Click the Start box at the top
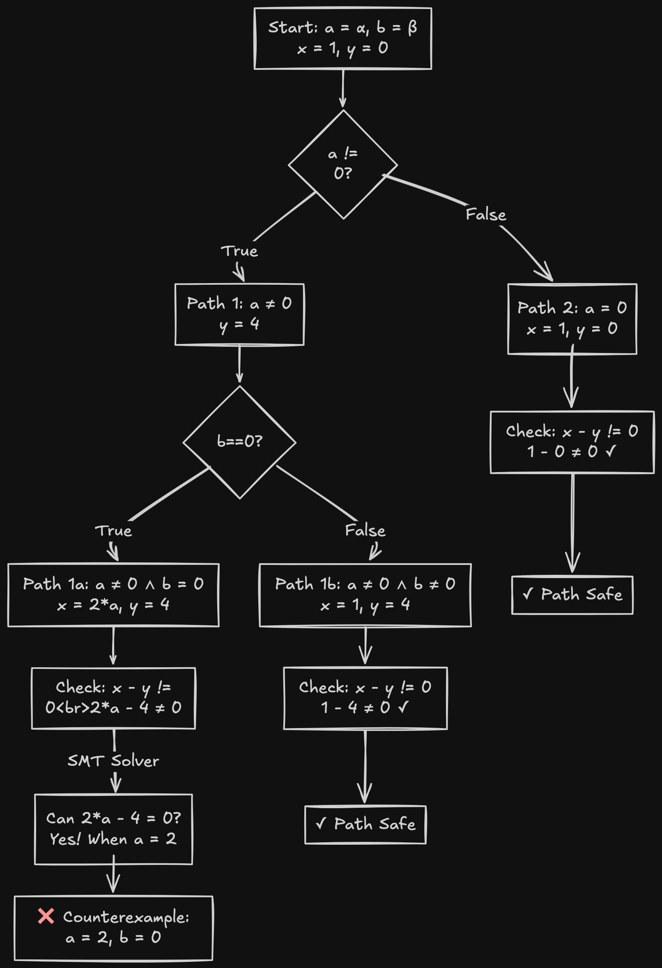coord(342,38)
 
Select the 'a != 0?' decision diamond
coord(342,164)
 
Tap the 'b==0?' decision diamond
coord(239,442)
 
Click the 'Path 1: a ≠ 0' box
coord(239,314)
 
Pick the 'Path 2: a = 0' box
coord(572,319)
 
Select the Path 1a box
coord(113,595)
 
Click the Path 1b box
coord(365,595)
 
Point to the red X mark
coord(46,916)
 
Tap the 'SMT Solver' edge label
coord(113,761)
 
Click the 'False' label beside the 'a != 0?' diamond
coord(486,214)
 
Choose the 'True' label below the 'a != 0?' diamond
coord(239,251)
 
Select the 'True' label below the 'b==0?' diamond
coord(113,531)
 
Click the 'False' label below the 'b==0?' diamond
coord(365,531)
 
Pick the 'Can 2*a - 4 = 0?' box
coord(113,829)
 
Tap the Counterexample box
coord(113,928)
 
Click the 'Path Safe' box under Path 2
coord(572,595)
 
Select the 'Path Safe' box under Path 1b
coord(365,825)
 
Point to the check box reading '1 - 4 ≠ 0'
coord(365,698)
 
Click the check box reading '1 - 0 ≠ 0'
coord(572,442)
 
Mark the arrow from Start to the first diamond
coord(342,88)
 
